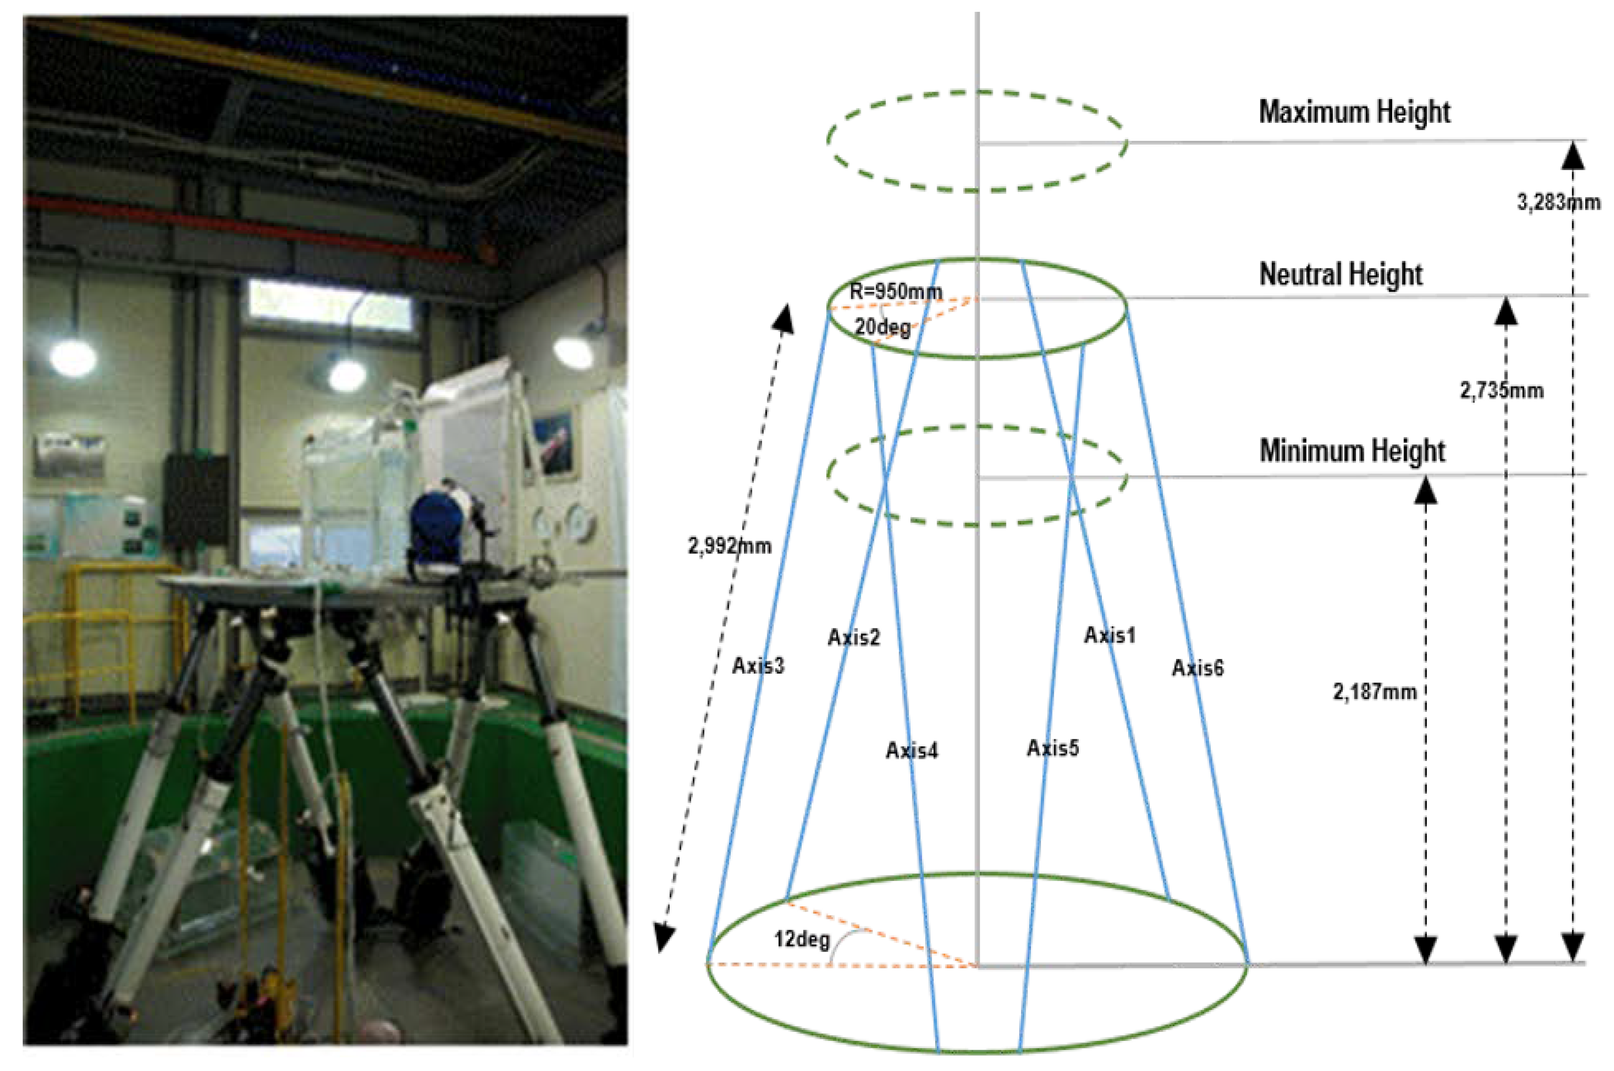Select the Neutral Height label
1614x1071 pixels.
point(1340,274)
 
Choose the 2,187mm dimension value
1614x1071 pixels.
point(1374,692)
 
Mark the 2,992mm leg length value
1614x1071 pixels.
point(729,546)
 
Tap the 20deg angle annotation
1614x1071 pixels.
point(882,327)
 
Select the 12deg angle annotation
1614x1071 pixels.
point(801,940)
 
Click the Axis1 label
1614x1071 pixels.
point(1109,636)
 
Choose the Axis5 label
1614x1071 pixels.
point(1052,748)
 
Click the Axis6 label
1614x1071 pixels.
point(1197,668)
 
